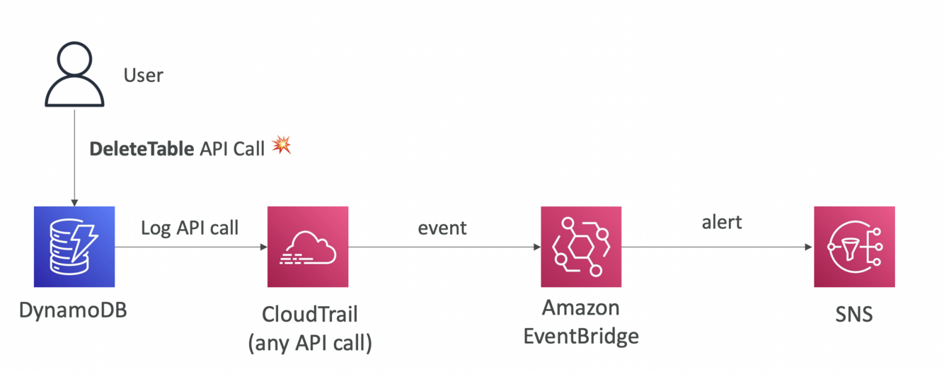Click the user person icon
pyautogui.click(x=74, y=75)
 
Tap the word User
pyautogui.click(x=143, y=75)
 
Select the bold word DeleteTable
pyautogui.click(x=141, y=148)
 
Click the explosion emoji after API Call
pyautogui.click(x=282, y=146)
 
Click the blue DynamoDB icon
pyautogui.click(x=74, y=247)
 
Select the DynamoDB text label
pyautogui.click(x=74, y=310)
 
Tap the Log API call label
pyautogui.click(x=190, y=228)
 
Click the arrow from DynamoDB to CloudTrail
pyautogui.click(x=191, y=247)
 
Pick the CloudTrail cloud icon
pyautogui.click(x=308, y=247)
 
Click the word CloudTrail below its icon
pyautogui.click(x=309, y=314)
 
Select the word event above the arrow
pyautogui.click(x=442, y=228)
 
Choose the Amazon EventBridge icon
pyautogui.click(x=581, y=247)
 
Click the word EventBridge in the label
pyautogui.click(x=581, y=336)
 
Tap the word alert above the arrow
pyautogui.click(x=722, y=222)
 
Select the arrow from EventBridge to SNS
pyautogui.click(x=718, y=247)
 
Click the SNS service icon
pyautogui.click(x=854, y=247)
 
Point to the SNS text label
pyautogui.click(x=854, y=312)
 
